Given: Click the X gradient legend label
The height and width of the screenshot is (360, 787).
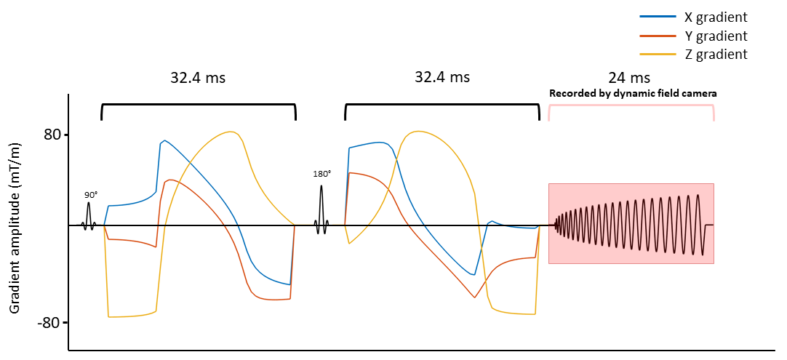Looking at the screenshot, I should (715, 17).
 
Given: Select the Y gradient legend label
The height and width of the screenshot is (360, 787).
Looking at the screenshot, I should (715, 36).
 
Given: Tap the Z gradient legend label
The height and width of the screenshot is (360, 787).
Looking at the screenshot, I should (715, 55).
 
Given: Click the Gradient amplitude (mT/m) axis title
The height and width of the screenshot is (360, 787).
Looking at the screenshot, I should (15, 228).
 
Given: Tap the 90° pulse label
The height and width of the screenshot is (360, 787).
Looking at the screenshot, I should (91, 195).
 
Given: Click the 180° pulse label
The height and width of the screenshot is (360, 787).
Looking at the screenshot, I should (321, 174).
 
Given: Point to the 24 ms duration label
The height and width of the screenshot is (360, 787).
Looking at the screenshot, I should (630, 77).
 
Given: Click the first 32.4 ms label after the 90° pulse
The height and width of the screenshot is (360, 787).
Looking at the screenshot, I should (198, 77).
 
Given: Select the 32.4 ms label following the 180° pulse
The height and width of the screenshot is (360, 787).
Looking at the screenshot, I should (442, 77).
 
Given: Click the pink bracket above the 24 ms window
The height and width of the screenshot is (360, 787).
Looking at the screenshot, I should (631, 105).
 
